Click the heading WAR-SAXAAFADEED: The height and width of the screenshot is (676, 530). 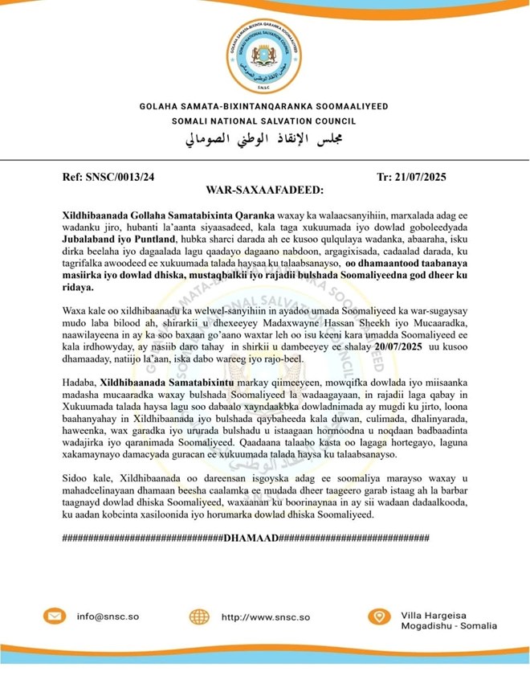pos(264,191)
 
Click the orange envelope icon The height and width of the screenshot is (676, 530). pos(55,617)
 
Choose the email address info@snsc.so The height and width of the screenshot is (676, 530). pos(108,617)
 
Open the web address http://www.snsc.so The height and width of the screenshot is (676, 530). pos(265,617)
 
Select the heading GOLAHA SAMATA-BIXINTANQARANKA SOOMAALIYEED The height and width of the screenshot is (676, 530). pos(264,105)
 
